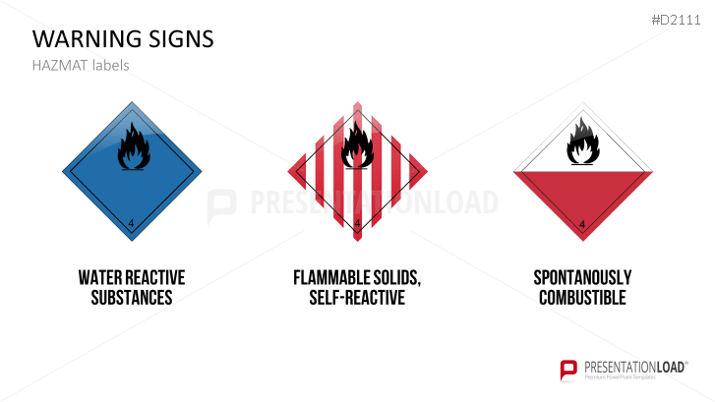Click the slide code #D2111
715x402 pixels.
(x=679, y=21)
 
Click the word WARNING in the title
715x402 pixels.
(x=84, y=39)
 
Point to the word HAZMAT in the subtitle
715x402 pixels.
(x=57, y=66)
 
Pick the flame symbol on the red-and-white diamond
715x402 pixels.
(x=581, y=144)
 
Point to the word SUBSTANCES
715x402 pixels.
(x=132, y=298)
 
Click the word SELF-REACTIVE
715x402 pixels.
(x=356, y=298)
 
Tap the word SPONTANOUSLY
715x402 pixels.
(x=582, y=278)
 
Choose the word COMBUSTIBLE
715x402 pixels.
(x=582, y=298)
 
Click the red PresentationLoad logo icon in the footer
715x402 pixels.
(x=567, y=370)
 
